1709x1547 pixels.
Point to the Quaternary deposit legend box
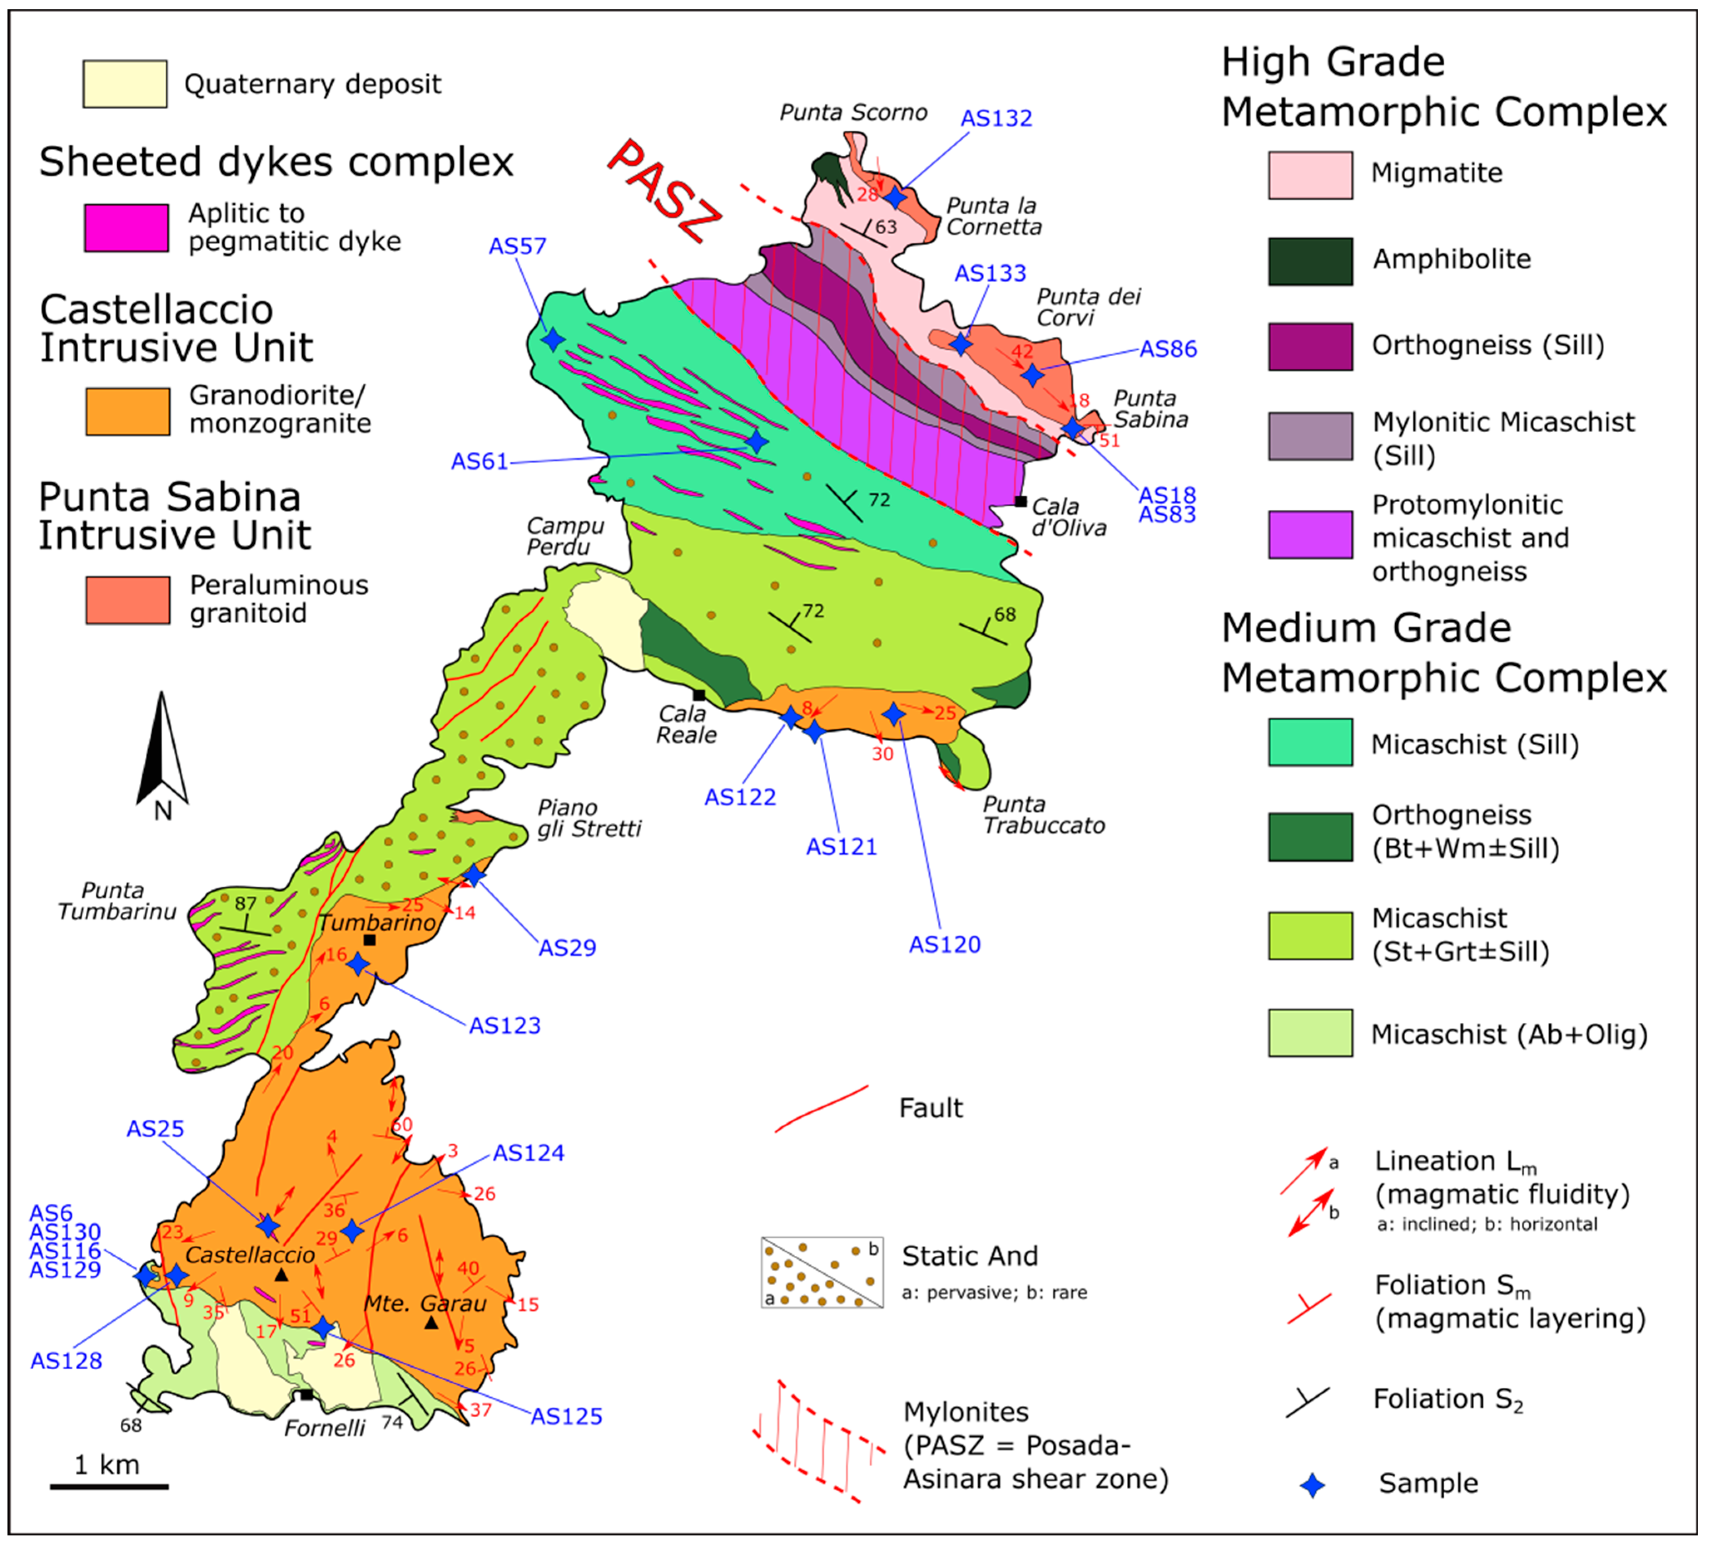coord(124,84)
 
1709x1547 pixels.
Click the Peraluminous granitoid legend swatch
coord(127,600)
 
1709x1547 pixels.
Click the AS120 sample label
coord(944,945)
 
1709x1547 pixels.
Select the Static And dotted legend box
coord(821,1272)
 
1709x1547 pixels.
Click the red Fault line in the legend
coord(821,1108)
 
